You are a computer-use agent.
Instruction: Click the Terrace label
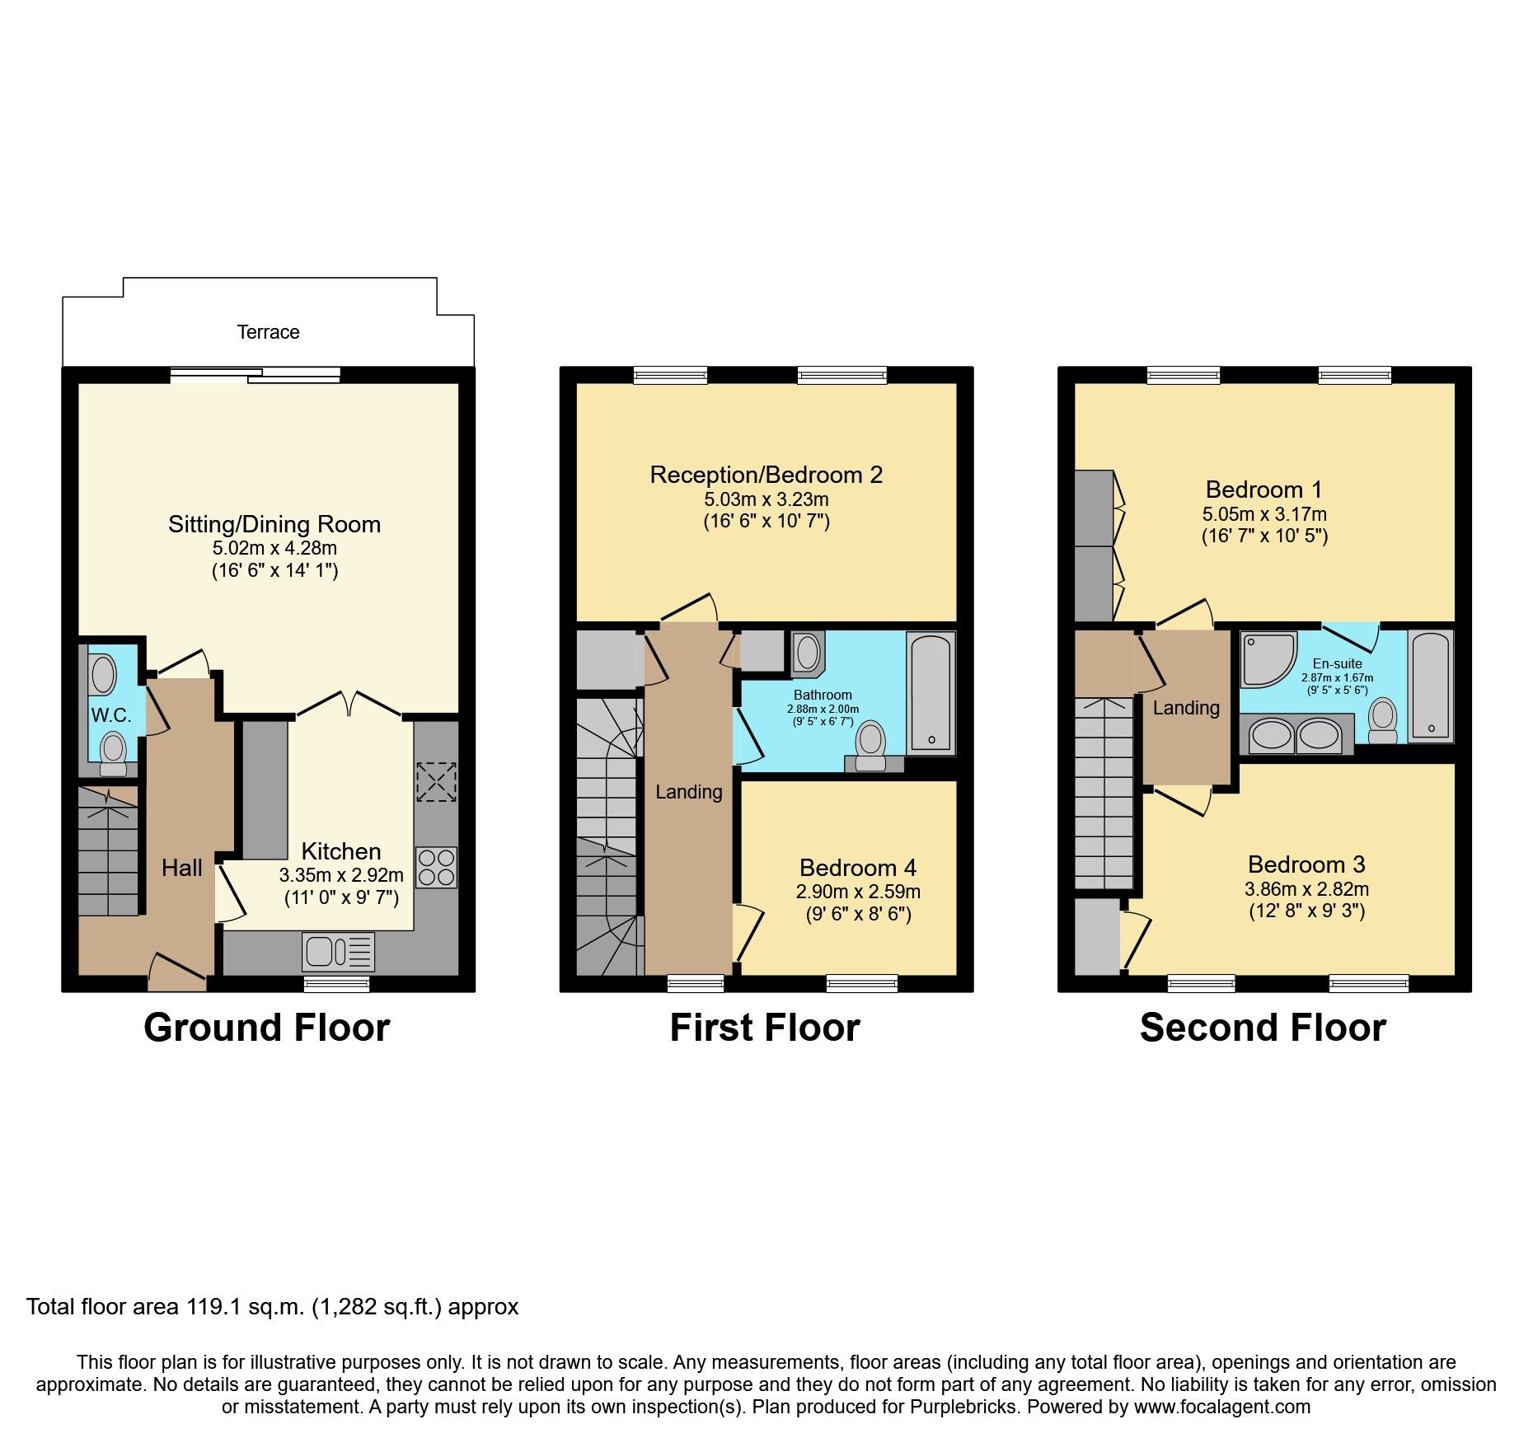[268, 332]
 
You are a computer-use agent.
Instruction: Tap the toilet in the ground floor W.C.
[112, 752]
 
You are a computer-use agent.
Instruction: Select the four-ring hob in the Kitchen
[436, 868]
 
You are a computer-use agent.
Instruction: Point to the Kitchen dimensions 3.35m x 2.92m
[341, 875]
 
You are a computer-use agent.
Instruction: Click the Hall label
[181, 868]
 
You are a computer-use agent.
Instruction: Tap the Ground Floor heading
[266, 1028]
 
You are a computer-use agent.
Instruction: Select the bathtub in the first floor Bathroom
[931, 692]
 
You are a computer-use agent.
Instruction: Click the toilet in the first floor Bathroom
[870, 744]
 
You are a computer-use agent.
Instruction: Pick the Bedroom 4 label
[857, 868]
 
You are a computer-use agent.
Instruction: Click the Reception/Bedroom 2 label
[766, 475]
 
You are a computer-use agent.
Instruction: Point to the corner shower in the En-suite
[1266, 658]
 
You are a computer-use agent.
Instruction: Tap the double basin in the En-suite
[1295, 736]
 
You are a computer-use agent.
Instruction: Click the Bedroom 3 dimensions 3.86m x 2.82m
[1306, 889]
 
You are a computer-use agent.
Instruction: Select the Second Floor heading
[1263, 1028]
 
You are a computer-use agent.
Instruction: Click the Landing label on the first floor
[688, 792]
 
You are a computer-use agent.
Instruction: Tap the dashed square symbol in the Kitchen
[436, 782]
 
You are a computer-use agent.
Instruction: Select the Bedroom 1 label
[1263, 489]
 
